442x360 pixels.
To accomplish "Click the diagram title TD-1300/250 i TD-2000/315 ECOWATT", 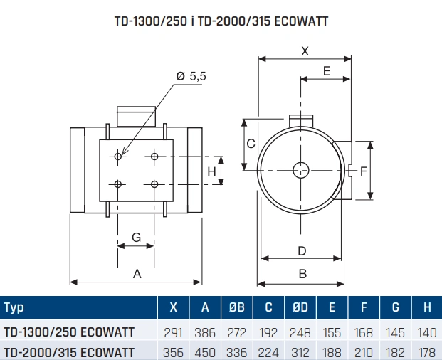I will (221, 21).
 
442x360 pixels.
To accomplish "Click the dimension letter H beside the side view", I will (211, 171).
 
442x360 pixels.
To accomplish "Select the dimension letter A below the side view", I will (138, 274).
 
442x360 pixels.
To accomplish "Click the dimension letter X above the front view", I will (305, 51).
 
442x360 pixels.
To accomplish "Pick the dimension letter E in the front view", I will (327, 70).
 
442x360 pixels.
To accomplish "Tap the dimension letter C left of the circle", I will (251, 144).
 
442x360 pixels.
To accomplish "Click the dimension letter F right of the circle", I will (363, 171).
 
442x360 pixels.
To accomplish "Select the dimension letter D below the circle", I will (302, 250).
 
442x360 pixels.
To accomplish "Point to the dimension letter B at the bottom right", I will (302, 274).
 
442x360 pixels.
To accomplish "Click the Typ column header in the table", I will (14, 307).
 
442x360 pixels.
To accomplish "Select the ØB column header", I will (238, 307).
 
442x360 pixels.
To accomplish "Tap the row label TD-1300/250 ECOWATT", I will (69, 331).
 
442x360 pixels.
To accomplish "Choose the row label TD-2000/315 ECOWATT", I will (69, 351).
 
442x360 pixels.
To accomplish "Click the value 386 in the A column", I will (206, 331).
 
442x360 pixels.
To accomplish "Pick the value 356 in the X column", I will (174, 351).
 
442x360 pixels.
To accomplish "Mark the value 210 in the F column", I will (364, 351).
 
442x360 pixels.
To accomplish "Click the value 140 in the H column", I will (426, 331).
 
